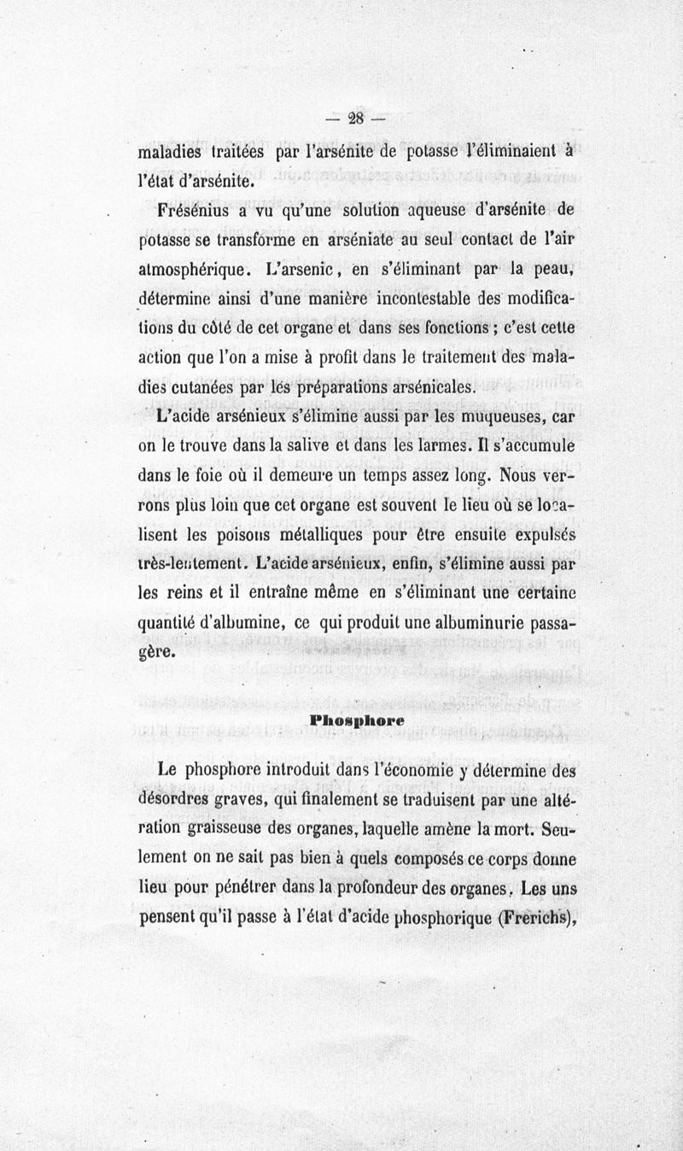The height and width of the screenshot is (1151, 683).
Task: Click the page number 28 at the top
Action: tap(357, 119)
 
